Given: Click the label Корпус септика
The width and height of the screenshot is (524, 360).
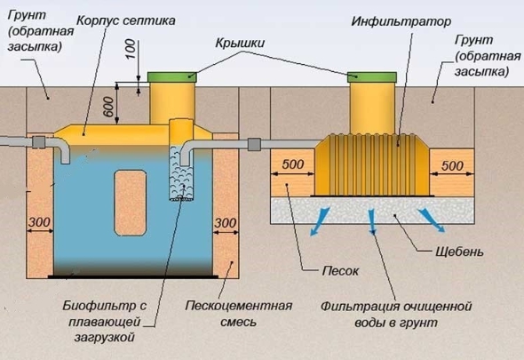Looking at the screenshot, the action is coord(125,20).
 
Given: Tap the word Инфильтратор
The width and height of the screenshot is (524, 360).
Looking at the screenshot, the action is coord(401,21).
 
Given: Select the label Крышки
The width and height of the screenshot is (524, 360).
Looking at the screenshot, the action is coord(240,43).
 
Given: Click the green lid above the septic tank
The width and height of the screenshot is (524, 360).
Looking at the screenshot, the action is coord(171,77).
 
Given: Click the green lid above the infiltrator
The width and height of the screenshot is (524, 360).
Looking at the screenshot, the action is coord(372,77).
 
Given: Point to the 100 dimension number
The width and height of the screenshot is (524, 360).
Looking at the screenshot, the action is coord(131,49).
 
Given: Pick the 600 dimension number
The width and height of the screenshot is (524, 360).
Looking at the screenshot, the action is coord(108,107).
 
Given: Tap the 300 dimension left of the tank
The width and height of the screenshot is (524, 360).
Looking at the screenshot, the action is coord(39,222).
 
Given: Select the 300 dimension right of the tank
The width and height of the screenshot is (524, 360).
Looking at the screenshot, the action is coord(226,222).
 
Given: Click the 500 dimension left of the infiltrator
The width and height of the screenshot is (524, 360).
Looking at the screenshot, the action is coord(293,164).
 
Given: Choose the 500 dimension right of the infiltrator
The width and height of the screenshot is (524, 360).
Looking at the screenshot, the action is coord(452,165).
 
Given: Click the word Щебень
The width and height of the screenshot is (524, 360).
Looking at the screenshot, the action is coord(459,252).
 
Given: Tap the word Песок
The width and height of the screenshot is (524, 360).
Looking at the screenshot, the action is coord(340,271).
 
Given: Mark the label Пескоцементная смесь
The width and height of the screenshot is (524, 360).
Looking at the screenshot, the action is coord(239,314).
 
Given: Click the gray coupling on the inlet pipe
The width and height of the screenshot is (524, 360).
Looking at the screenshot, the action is coord(39,142).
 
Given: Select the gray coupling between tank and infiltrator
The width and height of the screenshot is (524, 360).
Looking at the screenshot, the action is coord(254,145).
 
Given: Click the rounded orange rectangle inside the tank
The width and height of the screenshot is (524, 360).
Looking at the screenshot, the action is coord(131,203).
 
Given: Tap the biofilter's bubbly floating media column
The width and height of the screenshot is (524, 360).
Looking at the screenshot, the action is coord(181,173).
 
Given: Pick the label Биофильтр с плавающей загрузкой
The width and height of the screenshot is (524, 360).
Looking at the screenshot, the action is coord(105,321).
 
